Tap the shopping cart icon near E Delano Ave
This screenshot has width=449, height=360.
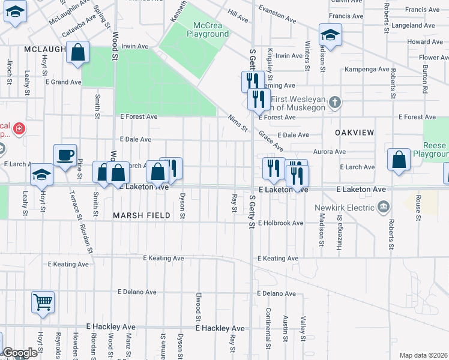click(43, 302)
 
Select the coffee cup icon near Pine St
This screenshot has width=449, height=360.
click(65, 155)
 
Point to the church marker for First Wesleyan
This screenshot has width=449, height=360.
click(336, 103)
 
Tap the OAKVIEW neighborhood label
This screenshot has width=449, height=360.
click(354, 132)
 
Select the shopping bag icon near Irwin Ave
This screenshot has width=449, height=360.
click(77, 52)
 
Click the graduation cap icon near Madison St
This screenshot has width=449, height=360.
click(330, 35)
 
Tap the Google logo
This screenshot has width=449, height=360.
click(20, 353)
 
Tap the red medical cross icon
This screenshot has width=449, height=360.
click(19, 128)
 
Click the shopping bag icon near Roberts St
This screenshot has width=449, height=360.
click(399, 160)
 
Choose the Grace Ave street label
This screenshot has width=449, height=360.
click(272, 142)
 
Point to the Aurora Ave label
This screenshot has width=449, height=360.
click(329, 152)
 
